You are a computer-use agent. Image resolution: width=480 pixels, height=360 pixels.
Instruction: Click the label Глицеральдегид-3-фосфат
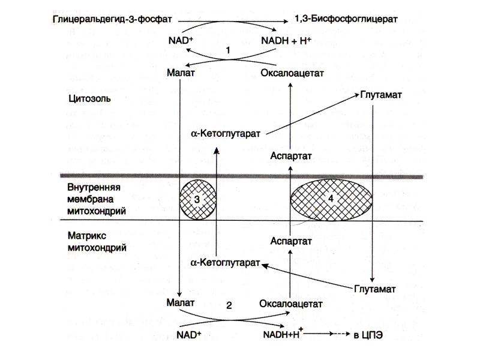click(112, 20)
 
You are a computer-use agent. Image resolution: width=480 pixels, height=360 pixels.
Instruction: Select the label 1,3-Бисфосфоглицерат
click(346, 19)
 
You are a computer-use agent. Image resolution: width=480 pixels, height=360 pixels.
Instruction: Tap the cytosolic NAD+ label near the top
click(181, 40)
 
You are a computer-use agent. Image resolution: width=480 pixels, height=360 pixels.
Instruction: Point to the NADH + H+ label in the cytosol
click(286, 40)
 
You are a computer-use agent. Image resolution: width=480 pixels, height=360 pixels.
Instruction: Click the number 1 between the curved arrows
click(228, 50)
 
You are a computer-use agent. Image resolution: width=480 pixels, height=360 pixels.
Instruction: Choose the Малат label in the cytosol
click(181, 73)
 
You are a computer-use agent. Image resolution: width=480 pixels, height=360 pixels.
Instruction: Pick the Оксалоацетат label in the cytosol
click(292, 73)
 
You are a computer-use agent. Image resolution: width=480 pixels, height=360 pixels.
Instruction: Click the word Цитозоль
click(89, 98)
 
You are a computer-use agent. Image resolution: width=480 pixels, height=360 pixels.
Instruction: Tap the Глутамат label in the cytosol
click(381, 95)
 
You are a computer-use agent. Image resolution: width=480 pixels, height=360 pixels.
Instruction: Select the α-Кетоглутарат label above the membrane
click(226, 134)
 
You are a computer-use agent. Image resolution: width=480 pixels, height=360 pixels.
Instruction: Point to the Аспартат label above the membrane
click(291, 156)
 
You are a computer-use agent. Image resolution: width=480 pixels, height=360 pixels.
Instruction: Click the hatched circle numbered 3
click(198, 200)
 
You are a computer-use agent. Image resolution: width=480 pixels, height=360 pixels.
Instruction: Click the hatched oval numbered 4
click(331, 199)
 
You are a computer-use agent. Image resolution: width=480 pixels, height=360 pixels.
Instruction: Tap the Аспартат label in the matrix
click(291, 241)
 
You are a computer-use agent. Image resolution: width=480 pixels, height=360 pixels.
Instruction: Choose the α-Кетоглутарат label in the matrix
click(225, 263)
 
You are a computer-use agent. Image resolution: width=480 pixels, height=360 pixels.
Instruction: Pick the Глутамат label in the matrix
click(374, 289)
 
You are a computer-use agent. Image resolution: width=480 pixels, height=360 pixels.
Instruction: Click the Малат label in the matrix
click(181, 302)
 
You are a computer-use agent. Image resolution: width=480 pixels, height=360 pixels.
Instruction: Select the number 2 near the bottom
click(229, 305)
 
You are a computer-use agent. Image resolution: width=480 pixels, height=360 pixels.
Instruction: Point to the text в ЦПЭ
click(368, 335)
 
